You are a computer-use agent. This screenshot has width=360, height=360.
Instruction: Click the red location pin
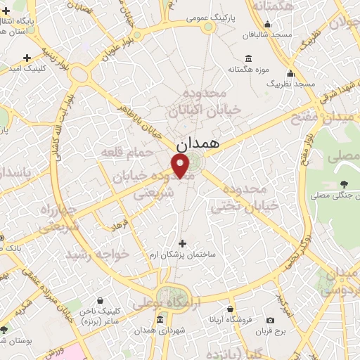181,166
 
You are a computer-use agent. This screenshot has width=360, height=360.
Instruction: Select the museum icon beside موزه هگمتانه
248,59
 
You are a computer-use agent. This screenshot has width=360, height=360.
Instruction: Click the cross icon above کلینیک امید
27,58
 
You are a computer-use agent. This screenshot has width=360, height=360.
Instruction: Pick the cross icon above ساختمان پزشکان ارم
183,243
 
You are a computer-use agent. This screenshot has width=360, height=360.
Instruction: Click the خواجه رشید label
89,254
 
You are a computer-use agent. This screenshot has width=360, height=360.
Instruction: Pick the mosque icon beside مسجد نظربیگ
290,73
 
